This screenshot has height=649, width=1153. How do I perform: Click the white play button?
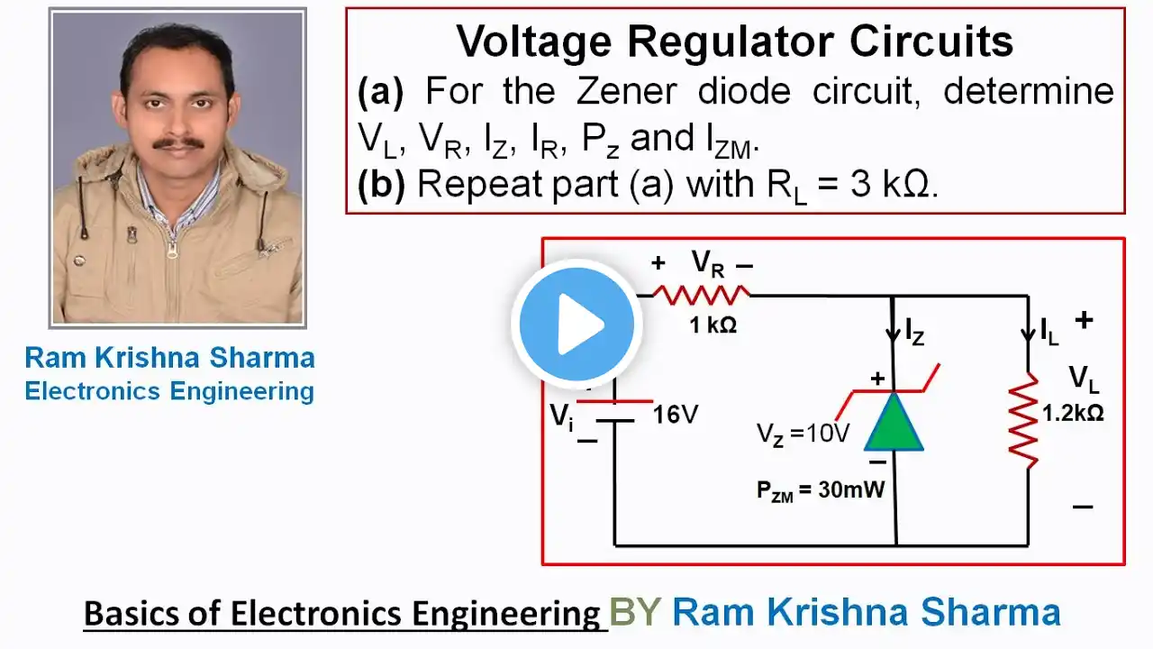click(576, 324)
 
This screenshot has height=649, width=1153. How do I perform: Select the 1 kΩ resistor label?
click(713, 325)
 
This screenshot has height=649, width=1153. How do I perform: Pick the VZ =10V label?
click(803, 434)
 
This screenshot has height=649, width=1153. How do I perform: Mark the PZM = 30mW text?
click(820, 492)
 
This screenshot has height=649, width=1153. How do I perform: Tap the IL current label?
click(1049, 332)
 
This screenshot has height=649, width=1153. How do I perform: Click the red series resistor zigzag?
click(701, 294)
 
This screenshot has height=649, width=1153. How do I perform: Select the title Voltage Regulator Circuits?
click(734, 41)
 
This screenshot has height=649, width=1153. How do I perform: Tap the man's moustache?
click(177, 142)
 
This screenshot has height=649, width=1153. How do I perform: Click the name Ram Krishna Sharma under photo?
click(170, 358)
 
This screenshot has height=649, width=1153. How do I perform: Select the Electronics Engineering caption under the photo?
click(169, 391)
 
